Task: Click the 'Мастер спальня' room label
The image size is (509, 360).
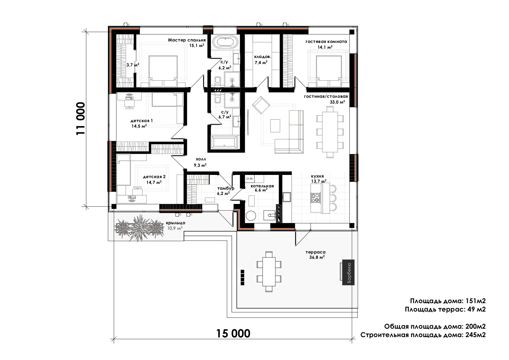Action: tap(187, 40)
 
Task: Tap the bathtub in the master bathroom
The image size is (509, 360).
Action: tap(225, 42)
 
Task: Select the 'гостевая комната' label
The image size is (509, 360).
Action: tap(326, 41)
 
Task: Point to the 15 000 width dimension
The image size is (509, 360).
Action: tap(233, 334)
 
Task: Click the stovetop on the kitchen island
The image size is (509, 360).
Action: tap(315, 198)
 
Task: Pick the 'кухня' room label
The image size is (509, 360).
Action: tap(317, 176)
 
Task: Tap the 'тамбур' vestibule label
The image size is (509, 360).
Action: tap(225, 188)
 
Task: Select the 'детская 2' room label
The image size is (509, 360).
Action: tap(154, 177)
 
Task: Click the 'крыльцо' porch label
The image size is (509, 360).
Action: tap(176, 223)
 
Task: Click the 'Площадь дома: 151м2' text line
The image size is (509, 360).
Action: tap(448, 301)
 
